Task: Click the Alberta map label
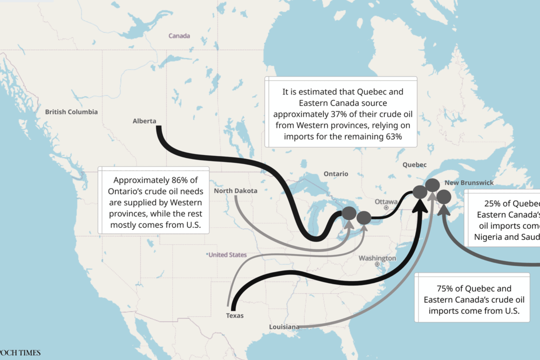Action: tap(144, 121)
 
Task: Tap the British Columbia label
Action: tap(71, 112)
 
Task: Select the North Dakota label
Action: tap(235, 191)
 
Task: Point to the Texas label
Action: tap(234, 315)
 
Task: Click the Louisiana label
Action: tap(284, 327)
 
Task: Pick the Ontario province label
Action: tap(335, 174)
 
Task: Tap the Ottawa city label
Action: tap(385, 201)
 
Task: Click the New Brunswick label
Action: tap(469, 183)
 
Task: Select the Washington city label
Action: tap(377, 258)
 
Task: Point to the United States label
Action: tap(227, 255)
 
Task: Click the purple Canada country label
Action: tap(179, 36)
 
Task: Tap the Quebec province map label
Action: tap(414, 164)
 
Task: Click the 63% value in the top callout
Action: tap(391, 136)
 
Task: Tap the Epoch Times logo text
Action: tap(20, 353)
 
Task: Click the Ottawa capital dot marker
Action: tap(386, 207)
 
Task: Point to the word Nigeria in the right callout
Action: tap(491, 237)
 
